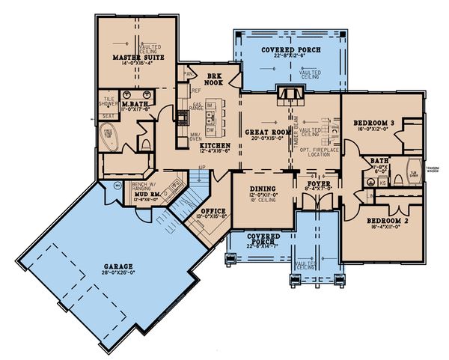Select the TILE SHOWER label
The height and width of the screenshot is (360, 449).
pyautogui.click(x=110, y=100)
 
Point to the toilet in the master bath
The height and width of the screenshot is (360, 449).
pyautogui.click(x=147, y=142)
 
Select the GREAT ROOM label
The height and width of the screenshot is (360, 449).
pyautogui.click(x=262, y=132)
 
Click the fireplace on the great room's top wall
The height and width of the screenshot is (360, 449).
pyautogui.click(x=289, y=93)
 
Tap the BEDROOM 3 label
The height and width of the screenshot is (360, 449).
pyautogui.click(x=364, y=121)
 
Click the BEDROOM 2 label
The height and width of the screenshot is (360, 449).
pyautogui.click(x=385, y=221)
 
